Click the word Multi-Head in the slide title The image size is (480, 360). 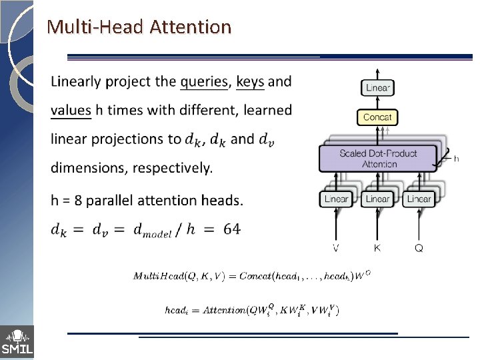(x=95, y=27)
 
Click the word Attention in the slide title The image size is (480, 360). (x=191, y=27)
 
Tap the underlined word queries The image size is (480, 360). (x=205, y=82)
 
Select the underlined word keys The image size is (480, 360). (x=251, y=82)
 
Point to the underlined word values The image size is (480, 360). (x=71, y=110)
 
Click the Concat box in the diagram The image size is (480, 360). (x=378, y=117)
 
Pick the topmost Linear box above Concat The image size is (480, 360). (x=378, y=87)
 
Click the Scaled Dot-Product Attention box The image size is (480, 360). (x=378, y=159)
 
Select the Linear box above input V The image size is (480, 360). (x=336, y=199)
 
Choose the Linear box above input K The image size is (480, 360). (x=378, y=199)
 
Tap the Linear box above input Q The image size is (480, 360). (x=419, y=199)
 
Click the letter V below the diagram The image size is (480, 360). (x=336, y=248)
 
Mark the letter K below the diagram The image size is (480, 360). (x=378, y=248)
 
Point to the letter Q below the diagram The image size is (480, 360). (x=419, y=248)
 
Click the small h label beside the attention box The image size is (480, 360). (x=457, y=159)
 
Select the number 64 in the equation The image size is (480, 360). (x=232, y=229)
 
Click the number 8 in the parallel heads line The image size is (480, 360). (x=81, y=200)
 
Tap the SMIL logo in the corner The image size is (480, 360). (x=17, y=342)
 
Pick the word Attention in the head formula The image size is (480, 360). (x=225, y=310)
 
